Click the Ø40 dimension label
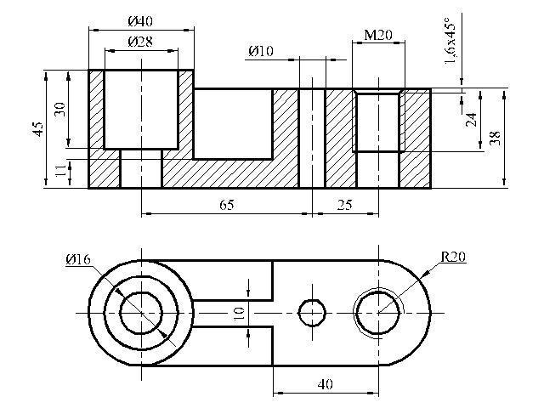[140, 21]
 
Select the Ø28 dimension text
[140, 42]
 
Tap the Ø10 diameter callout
[261, 51]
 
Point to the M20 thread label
[378, 35]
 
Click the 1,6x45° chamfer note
[450, 41]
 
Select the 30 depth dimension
[59, 109]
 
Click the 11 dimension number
[61, 170]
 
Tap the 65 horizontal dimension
[227, 205]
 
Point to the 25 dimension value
[344, 205]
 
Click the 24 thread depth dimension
[471, 120]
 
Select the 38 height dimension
[495, 138]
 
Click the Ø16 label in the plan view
[78, 259]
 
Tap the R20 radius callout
[453, 257]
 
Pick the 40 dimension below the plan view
[325, 384]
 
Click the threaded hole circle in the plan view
[378, 292]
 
